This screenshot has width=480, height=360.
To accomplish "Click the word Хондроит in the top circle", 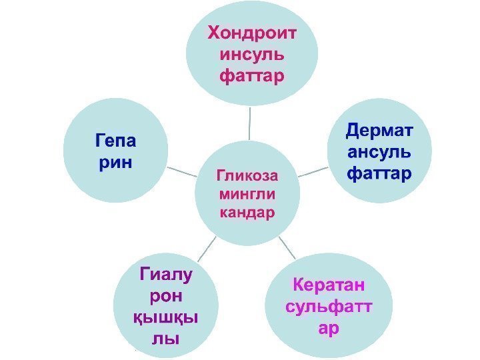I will click(252, 33).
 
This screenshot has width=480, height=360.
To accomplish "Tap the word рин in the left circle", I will click(115, 162).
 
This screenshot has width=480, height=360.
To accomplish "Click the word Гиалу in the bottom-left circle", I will click(165, 274).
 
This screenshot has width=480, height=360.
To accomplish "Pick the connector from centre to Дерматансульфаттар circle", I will click(310, 172).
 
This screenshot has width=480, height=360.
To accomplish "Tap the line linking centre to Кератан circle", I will click(287, 247).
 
